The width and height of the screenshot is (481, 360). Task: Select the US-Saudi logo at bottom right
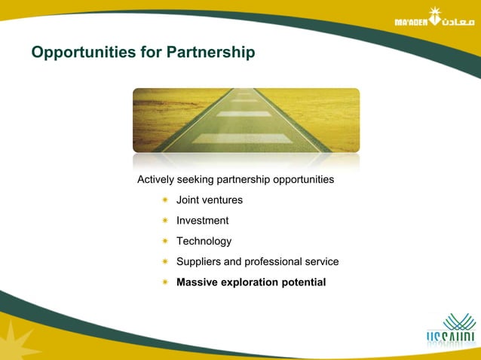click(x=450, y=331)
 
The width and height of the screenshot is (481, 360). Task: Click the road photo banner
click(x=246, y=121)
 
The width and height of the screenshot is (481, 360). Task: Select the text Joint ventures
click(x=209, y=200)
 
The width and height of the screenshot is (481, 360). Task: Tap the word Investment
click(x=202, y=221)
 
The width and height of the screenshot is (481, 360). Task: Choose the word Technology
click(x=204, y=242)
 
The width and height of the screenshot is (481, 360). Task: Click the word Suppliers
click(x=198, y=262)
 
